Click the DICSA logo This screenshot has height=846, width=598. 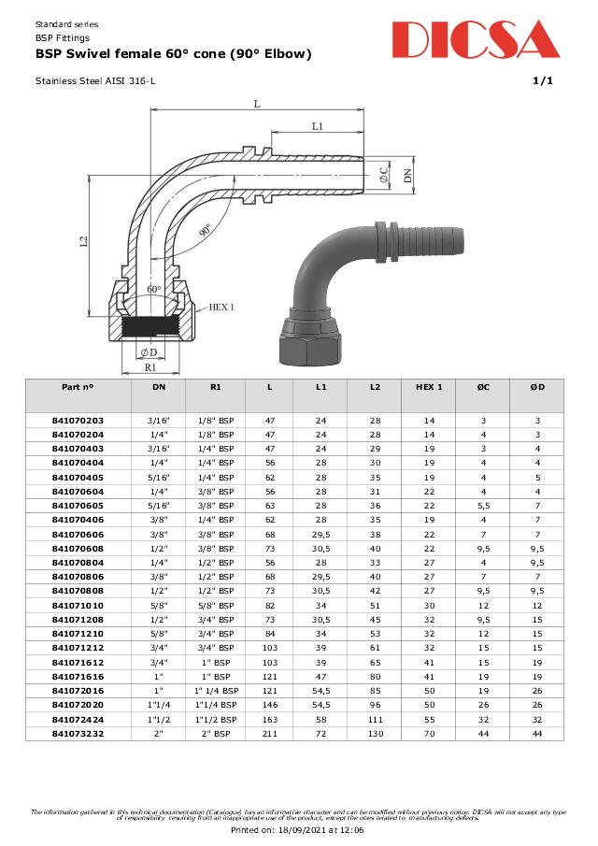pos(476,39)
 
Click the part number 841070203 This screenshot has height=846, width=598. pos(78,421)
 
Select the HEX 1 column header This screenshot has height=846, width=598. pos(428,386)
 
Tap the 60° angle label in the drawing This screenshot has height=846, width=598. pos(154,290)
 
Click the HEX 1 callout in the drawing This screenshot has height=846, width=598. pos(221,307)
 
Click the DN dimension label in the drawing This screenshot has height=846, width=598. pos(407,175)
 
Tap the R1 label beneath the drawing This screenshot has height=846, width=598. pos(149,368)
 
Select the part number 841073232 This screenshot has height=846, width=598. pos(78,735)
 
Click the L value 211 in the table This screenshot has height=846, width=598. pos(270,735)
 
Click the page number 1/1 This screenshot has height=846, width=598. pos(543,81)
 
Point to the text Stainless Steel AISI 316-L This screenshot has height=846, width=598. pos(95,81)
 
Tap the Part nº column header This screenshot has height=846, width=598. pos(78,386)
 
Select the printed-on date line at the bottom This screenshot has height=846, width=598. pos(298,829)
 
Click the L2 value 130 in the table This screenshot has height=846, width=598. pos(375,735)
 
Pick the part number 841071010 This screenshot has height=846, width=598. pos(78,605)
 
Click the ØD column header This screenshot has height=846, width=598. pos(536,386)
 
